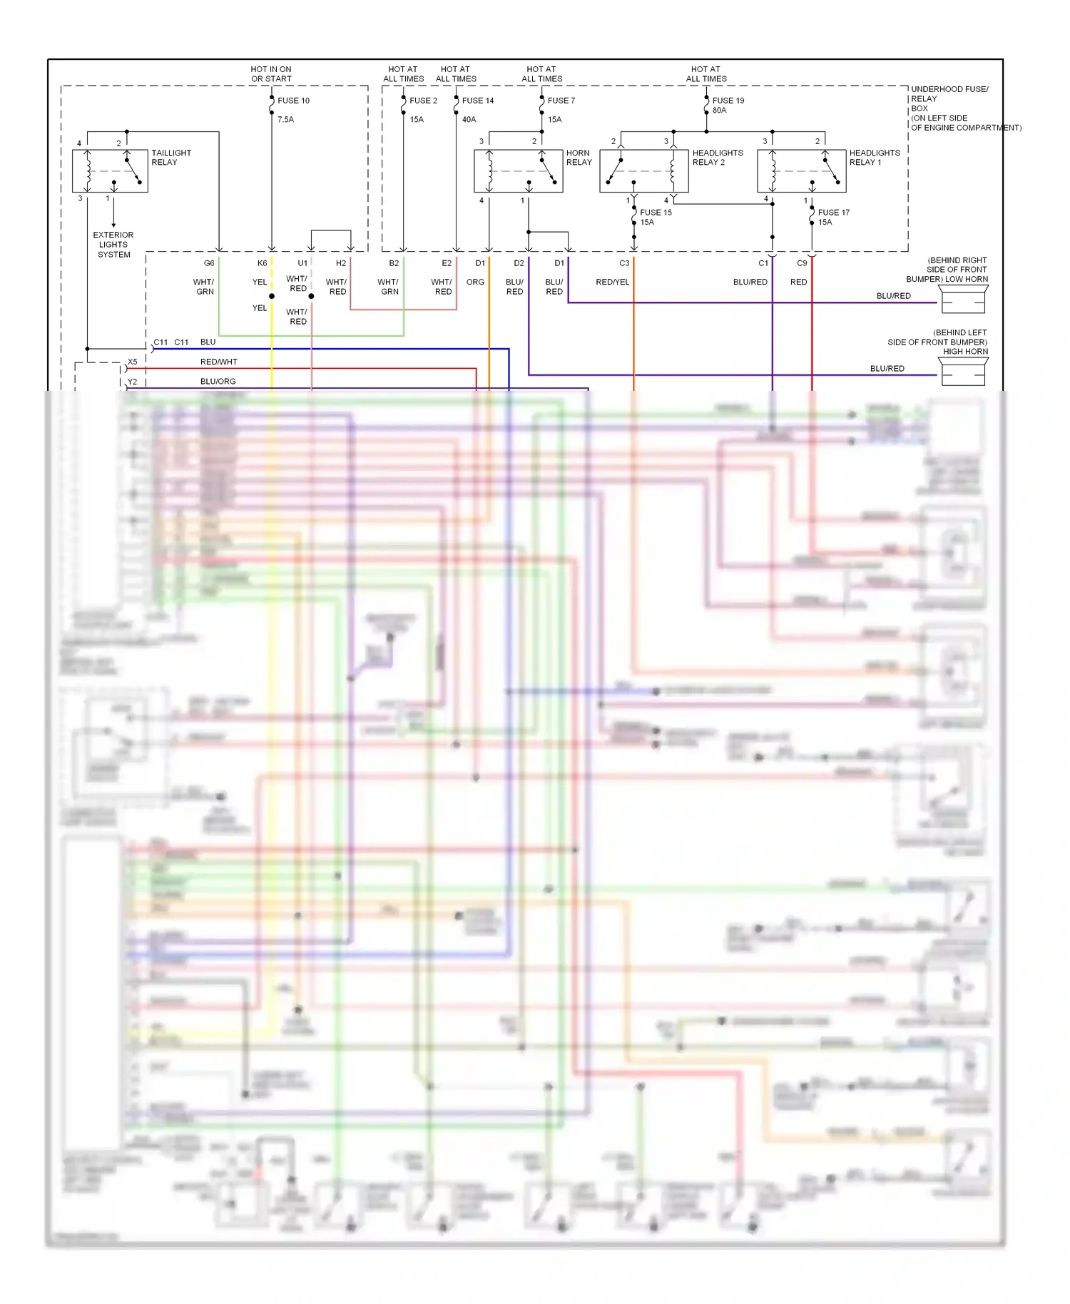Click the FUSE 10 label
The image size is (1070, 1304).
point(293,101)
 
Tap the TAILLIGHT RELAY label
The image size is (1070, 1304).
point(170,158)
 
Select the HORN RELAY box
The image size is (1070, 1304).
point(518,171)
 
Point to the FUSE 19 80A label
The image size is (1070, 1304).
point(728,105)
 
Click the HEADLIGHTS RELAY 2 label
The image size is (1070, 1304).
point(717,158)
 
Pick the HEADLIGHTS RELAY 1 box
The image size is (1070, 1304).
point(801,171)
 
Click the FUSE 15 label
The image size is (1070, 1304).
point(656,213)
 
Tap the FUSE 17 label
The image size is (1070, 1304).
point(833,213)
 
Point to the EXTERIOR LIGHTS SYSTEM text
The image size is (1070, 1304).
point(113,245)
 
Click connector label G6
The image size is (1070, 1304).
point(209,263)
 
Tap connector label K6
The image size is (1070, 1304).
point(262,263)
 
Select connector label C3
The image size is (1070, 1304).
point(624,263)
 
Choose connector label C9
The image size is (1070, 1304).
point(802,263)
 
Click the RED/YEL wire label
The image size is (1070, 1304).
point(612,282)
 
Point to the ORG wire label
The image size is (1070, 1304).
point(475,282)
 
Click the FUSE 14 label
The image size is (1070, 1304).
point(477,101)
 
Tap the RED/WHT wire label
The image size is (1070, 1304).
point(218,362)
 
